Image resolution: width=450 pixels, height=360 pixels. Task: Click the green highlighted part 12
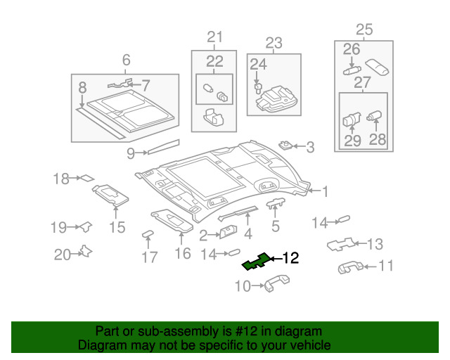click(x=256, y=262)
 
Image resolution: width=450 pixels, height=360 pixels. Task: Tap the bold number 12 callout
click(x=290, y=258)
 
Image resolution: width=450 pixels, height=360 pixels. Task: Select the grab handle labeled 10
click(x=276, y=283)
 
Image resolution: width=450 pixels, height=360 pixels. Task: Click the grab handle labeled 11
click(x=350, y=267)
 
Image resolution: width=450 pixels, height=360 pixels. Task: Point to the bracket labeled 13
click(x=341, y=244)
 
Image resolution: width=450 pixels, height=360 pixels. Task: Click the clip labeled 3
click(x=286, y=145)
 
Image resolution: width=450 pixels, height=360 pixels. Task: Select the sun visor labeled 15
click(x=110, y=195)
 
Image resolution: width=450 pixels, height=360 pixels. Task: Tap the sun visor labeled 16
click(x=172, y=221)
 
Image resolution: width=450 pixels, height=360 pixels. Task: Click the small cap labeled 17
click(x=148, y=234)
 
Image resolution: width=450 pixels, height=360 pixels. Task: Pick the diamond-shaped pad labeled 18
click(x=87, y=178)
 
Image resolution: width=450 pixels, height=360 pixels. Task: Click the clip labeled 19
click(x=86, y=226)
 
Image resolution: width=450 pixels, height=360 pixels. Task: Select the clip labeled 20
click(x=86, y=252)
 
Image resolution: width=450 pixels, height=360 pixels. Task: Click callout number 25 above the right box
click(x=364, y=30)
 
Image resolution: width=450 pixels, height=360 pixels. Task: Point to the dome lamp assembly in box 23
click(x=276, y=98)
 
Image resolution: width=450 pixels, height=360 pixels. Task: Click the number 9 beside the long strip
click(x=131, y=154)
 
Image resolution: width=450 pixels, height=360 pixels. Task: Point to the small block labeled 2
click(x=228, y=232)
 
